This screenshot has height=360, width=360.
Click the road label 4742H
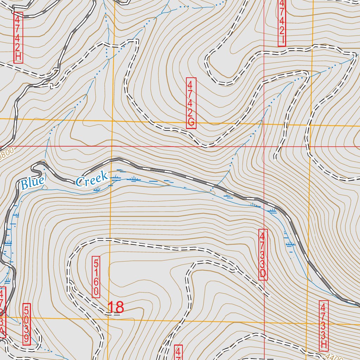(x=18, y=38)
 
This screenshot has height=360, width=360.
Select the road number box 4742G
(x=191, y=103)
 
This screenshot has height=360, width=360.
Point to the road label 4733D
(x=263, y=255)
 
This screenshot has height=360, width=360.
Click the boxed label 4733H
(x=323, y=326)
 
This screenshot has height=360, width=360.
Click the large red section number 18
(x=115, y=307)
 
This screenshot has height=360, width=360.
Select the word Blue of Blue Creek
(x=33, y=182)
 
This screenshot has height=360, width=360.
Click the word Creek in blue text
(x=91, y=178)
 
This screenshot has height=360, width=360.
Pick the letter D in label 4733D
(x=263, y=274)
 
